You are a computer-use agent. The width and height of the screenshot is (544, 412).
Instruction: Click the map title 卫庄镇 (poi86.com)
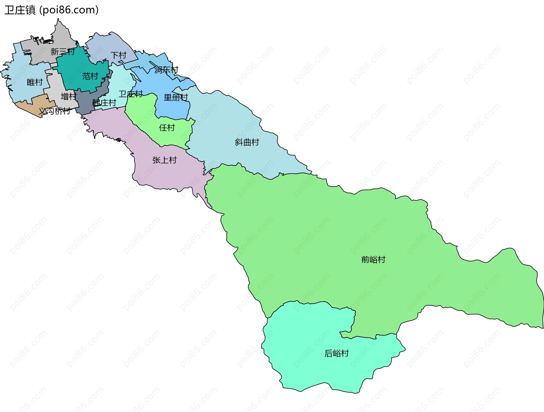click(x=51, y=10)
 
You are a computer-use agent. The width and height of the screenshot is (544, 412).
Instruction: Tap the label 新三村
click(x=63, y=52)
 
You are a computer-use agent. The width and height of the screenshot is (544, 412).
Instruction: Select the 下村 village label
click(x=118, y=55)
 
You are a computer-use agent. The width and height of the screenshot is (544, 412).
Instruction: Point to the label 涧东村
click(x=166, y=70)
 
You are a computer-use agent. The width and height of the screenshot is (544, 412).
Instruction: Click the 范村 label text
click(x=90, y=76)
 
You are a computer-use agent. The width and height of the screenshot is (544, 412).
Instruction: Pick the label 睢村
click(x=35, y=82)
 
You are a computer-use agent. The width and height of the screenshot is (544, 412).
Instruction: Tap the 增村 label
click(x=69, y=96)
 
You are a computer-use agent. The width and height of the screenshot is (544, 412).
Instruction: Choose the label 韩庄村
click(x=104, y=103)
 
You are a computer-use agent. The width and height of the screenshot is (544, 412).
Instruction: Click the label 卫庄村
click(x=131, y=94)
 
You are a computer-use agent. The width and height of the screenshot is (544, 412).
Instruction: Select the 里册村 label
click(x=176, y=98)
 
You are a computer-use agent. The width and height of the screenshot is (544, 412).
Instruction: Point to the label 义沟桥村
click(x=54, y=111)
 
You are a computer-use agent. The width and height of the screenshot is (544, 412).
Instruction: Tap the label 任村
click(x=167, y=128)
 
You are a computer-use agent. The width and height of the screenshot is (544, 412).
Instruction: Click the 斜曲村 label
click(x=247, y=142)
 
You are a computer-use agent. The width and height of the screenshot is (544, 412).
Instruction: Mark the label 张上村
click(x=164, y=160)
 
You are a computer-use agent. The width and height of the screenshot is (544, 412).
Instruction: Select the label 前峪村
click(x=373, y=259)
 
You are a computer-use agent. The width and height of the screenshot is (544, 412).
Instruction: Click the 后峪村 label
click(x=336, y=353)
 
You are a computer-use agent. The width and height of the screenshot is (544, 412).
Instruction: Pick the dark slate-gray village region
click(x=85, y=102)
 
